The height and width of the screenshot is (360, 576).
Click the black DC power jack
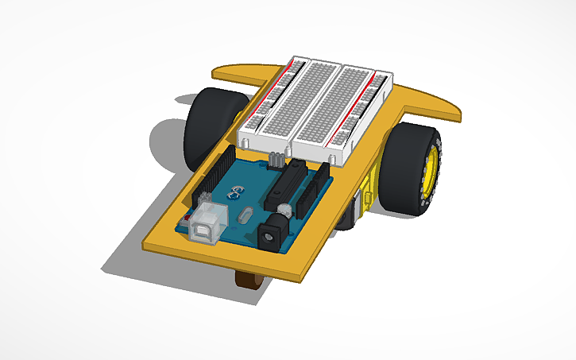click(x=273, y=236)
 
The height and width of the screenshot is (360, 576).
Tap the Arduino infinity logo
click(x=235, y=191)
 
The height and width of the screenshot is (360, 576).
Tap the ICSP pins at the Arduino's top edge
click(x=275, y=160)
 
